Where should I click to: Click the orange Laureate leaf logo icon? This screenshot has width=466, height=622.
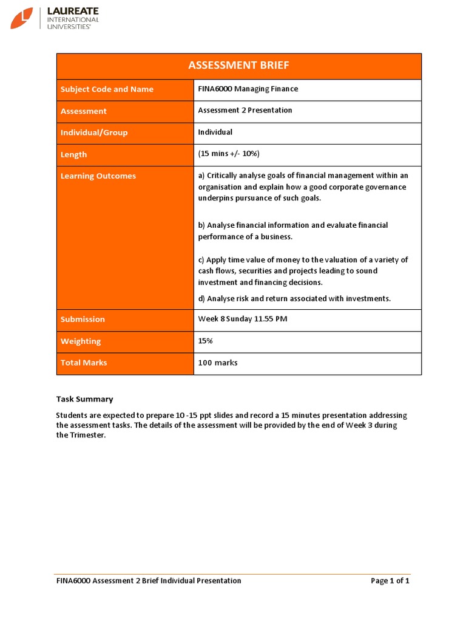coord(22,18)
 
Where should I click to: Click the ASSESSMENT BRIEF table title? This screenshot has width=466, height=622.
coord(238,66)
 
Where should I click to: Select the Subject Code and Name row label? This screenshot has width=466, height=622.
coord(107,89)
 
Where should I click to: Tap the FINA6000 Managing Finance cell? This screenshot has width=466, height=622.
coord(248,89)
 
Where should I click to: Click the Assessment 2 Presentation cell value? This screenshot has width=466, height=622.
coord(245,111)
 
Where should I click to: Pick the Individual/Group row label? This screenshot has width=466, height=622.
coord(94,132)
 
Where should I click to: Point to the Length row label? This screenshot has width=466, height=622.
coord(73,155)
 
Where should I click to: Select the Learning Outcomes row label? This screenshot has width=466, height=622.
coord(98,176)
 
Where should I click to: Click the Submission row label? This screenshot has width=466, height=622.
coord(83,320)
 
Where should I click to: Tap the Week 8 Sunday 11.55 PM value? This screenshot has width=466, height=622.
coord(243,320)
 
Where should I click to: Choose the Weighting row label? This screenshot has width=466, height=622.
coord(81,341)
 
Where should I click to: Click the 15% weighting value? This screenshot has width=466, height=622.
coord(205,341)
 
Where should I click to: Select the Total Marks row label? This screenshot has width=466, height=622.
coord(84,363)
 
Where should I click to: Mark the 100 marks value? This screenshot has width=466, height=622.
coord(218,363)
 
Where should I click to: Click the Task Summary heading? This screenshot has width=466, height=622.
coord(84,399)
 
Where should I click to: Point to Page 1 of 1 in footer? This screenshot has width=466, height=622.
coord(390,581)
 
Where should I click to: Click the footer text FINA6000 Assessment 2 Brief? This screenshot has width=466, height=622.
coord(149,581)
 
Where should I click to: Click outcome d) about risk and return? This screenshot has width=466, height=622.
coord(294,298)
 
